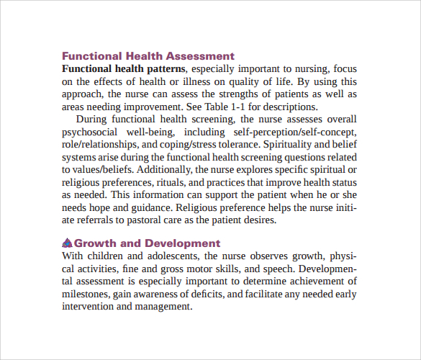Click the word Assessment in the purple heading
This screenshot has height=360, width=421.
pyautogui.click(x=200, y=55)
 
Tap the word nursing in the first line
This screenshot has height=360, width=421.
pyautogui.click(x=310, y=68)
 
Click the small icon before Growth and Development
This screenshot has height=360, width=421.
pyautogui.click(x=68, y=243)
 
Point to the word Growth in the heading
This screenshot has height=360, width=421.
pyautogui.click(x=96, y=243)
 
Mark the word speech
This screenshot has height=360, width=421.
pyautogui.click(x=277, y=269)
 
